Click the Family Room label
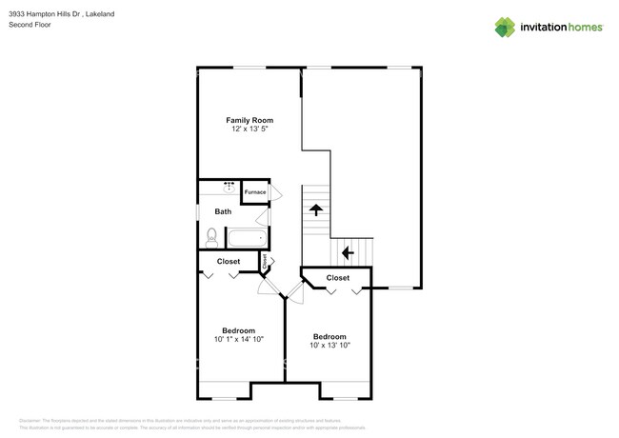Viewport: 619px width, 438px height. point(250,120)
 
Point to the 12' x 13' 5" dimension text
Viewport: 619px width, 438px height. point(250,129)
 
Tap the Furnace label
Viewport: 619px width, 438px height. point(255,192)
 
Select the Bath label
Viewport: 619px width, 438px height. point(223,211)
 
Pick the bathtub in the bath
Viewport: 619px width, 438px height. point(246,236)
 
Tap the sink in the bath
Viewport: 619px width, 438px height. point(230,188)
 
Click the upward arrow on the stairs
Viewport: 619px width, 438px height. point(314,210)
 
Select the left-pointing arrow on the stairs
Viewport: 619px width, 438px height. point(348,252)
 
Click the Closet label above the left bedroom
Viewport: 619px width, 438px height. point(229,261)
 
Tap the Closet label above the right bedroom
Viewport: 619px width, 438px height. point(338,278)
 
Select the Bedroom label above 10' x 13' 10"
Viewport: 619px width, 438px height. point(329,337)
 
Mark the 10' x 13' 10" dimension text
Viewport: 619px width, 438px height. point(329,346)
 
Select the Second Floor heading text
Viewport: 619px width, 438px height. point(30,26)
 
